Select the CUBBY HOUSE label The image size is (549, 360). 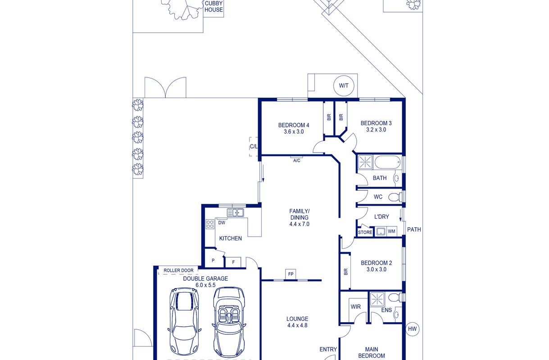coord(214,7)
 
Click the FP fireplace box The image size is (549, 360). coord(290,274)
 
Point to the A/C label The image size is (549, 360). coord(296,161)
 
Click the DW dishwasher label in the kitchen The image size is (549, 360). coord(222,223)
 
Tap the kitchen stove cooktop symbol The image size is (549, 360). coord(210,224)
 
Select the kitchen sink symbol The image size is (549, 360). coord(235,212)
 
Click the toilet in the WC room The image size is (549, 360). coord(395,197)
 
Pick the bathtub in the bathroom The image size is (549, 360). coord(388,162)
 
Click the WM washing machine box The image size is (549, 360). coord(391,231)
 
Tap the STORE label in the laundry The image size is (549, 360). coord(365,232)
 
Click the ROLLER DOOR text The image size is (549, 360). coord(178,270)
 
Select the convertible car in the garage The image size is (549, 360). coord(229,322)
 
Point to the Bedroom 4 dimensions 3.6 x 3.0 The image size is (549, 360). coord(294,131)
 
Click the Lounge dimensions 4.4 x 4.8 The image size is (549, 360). coord(297,325)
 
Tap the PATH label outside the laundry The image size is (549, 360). coord(414,229)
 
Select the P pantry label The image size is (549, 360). coord(213,261)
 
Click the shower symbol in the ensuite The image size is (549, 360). coord(377,299)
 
